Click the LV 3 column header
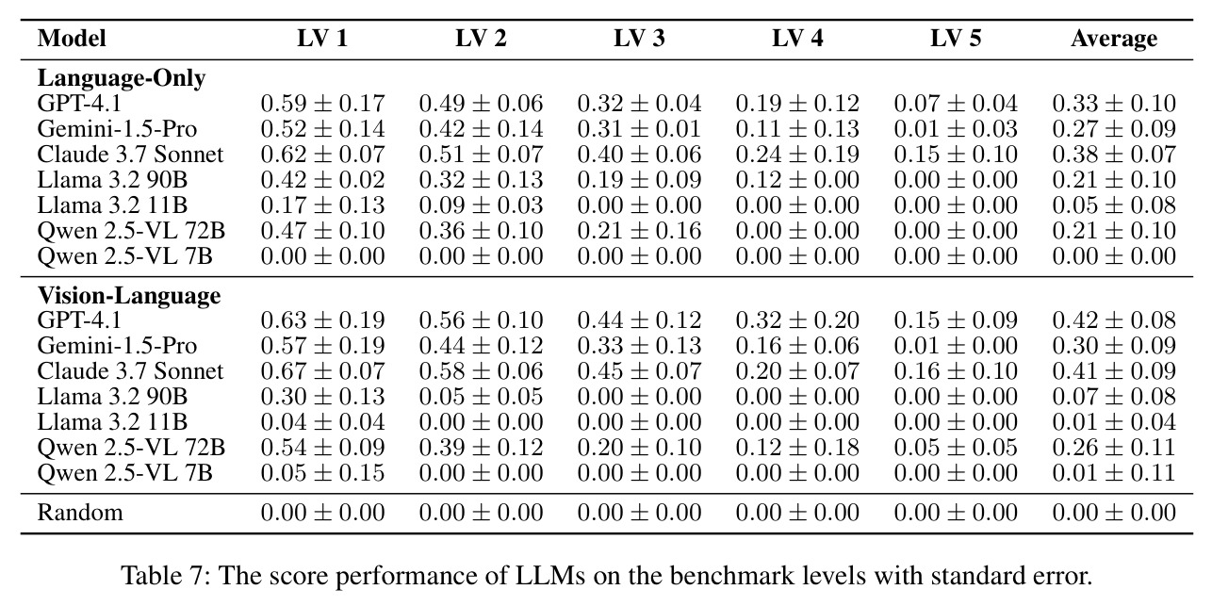click(639, 38)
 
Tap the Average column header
click(1114, 39)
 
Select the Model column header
click(72, 39)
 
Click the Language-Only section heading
click(122, 78)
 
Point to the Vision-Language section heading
click(129, 295)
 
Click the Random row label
click(80, 512)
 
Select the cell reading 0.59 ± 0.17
click(322, 104)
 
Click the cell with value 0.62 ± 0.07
click(322, 155)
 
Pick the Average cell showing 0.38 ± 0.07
click(1114, 155)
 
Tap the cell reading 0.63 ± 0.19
click(322, 319)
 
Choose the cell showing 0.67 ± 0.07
click(322, 370)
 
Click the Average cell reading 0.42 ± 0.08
click(1114, 319)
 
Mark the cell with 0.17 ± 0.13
click(322, 205)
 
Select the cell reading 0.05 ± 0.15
click(322, 472)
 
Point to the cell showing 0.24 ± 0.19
click(797, 155)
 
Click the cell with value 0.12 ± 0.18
click(797, 447)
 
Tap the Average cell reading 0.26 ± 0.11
click(1114, 447)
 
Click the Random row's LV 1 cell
click(322, 512)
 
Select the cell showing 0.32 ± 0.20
click(797, 319)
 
